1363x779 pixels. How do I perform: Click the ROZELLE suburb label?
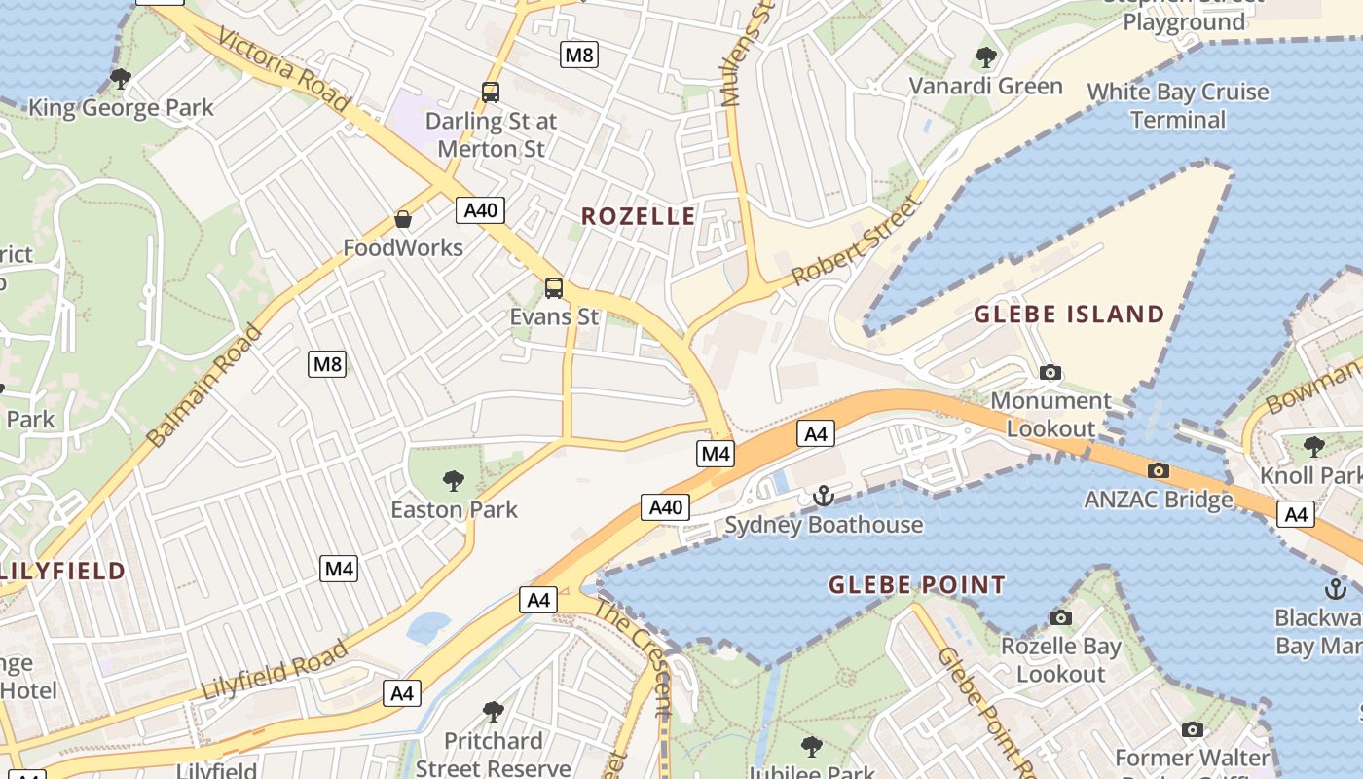tap(639, 216)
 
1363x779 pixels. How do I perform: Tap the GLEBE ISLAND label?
tap(1069, 314)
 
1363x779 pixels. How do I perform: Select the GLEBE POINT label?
tap(916, 585)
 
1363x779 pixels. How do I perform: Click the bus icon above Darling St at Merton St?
tap(491, 93)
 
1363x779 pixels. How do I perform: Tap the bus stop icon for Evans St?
tap(554, 287)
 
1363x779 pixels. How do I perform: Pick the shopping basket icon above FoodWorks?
tap(403, 219)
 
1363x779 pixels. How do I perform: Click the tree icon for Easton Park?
tap(453, 480)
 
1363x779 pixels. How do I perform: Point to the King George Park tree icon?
tap(121, 78)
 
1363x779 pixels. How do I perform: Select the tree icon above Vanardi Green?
tap(985, 56)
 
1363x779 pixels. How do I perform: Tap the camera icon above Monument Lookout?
tap(1050, 372)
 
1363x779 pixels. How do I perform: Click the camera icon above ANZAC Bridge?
tap(1158, 471)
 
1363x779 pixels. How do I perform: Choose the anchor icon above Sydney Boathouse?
tap(824, 497)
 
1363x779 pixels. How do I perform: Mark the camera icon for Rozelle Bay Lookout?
tap(1060, 617)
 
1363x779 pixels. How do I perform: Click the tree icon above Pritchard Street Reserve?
tap(493, 712)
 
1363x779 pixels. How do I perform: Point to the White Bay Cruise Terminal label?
tap(1178, 106)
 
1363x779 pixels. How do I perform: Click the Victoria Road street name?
tap(283, 68)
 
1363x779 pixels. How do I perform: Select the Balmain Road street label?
tap(204, 387)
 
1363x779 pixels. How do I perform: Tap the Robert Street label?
tap(856, 241)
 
